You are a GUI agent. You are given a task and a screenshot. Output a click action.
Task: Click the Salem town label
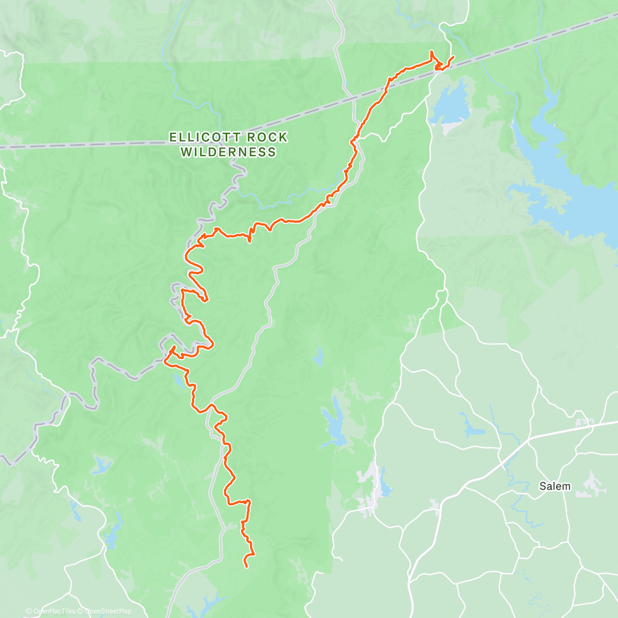[555, 486]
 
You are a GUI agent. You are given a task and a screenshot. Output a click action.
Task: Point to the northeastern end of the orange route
[453, 57]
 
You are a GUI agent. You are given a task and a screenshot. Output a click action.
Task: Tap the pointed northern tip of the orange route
[431, 52]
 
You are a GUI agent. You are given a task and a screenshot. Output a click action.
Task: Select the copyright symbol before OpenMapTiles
[28, 611]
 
